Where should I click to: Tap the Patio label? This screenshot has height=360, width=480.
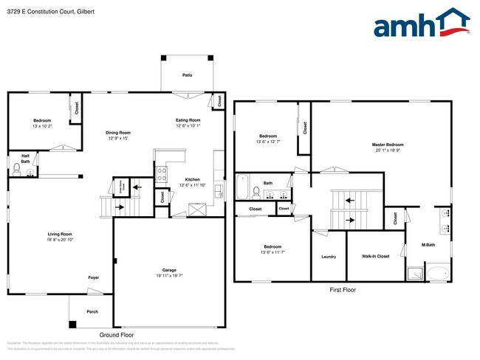tap(188, 75)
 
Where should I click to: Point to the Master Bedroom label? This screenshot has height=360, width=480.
tap(388, 145)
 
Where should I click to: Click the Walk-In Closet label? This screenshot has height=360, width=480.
tap(376, 257)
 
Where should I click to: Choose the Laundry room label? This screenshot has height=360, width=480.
tap(329, 257)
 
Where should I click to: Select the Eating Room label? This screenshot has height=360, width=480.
tap(188, 120)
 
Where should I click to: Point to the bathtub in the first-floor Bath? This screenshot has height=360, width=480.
tap(242, 189)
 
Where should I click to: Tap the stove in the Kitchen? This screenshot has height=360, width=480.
tap(162, 174)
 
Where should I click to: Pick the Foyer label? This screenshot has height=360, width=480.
tap(94, 278)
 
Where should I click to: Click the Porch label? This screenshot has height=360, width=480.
tap(92, 311)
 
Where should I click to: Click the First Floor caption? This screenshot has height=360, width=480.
tap(342, 290)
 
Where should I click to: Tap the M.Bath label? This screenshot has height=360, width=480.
tap(428, 245)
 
